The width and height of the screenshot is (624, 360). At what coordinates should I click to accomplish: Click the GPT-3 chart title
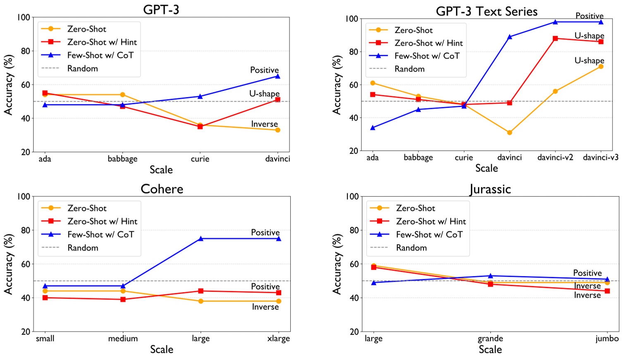161,9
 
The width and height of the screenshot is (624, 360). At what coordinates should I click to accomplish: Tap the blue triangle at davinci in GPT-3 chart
277,76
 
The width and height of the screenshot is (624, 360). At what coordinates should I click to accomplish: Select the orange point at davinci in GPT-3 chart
277,130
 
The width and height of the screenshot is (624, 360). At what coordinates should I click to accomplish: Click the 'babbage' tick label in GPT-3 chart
122,159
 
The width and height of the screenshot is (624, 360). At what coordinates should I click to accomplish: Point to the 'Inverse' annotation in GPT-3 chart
264,124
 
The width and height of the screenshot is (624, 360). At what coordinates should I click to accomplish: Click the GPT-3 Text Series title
486,11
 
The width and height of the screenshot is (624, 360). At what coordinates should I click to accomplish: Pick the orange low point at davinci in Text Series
509,133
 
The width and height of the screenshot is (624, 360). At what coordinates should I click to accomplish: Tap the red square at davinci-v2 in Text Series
555,38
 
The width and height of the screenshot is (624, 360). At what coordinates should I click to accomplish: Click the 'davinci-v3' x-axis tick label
600,158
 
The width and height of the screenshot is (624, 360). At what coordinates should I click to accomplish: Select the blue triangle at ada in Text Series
373,128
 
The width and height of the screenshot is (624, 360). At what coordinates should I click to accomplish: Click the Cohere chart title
162,189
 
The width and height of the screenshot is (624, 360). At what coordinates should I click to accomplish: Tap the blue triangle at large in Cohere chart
201,239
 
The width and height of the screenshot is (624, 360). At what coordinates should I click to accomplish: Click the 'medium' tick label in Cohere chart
123,338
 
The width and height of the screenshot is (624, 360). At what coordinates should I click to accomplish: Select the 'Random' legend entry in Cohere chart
83,248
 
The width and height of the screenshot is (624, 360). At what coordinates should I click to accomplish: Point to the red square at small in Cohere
45,298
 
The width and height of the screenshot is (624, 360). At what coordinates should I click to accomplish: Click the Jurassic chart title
490,189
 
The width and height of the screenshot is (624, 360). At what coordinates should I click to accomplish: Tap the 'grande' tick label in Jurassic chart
490,338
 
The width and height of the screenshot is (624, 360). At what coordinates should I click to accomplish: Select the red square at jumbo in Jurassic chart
607,291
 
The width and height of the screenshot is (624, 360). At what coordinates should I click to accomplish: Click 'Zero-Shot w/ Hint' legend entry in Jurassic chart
430,221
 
